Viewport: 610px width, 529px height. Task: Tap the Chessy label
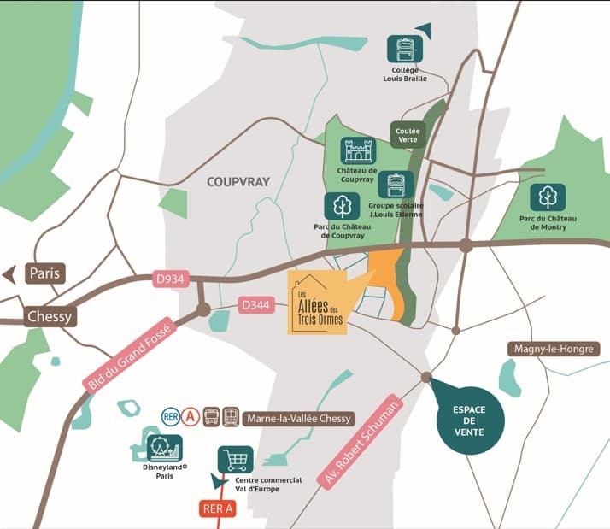tap(50, 315)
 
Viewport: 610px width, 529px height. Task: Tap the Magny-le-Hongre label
tap(553, 349)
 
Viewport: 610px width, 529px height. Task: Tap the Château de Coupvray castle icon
tap(358, 151)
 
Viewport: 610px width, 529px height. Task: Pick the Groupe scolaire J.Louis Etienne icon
tap(396, 184)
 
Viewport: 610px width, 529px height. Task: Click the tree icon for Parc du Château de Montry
tap(548, 197)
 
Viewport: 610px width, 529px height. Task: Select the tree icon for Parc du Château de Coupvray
tap(340, 207)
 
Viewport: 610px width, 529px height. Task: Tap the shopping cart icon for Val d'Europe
tap(235, 459)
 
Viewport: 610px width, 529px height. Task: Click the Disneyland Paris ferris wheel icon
tap(164, 448)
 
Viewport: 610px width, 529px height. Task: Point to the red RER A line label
tap(218, 509)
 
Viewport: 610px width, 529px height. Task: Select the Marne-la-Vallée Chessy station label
tap(298, 418)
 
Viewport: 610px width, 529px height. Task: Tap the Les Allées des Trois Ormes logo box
tap(318, 303)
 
